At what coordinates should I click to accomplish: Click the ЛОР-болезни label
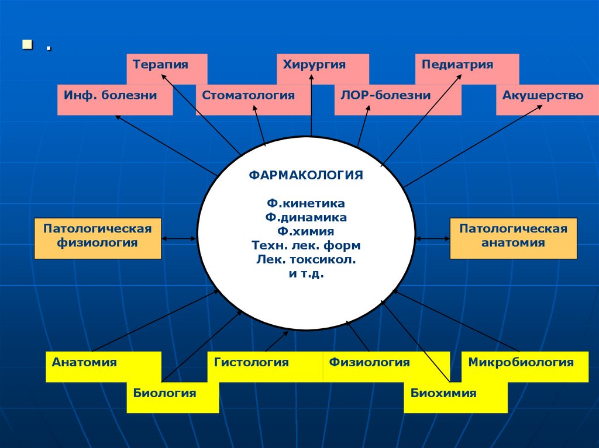385,96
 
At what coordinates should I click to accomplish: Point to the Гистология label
252,363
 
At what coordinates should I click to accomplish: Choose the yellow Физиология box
369,363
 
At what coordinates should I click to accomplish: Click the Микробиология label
521,363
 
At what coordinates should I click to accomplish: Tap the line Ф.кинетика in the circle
306,204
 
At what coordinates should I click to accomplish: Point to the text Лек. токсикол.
306,259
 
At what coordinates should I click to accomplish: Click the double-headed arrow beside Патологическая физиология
179,238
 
